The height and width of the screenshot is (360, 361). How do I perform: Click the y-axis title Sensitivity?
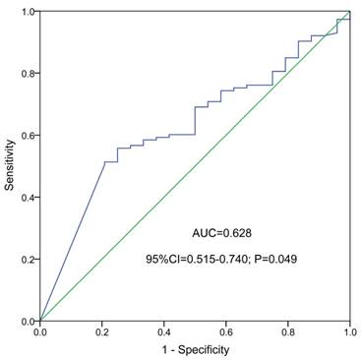pos(10,165)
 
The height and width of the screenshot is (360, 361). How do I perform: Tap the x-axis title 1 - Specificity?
pos(195,349)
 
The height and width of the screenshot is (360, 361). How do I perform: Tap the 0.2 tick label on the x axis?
pos(101,332)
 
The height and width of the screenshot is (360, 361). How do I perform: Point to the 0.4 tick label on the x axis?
pos(163,332)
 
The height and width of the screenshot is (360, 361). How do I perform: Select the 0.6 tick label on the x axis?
pos(225,332)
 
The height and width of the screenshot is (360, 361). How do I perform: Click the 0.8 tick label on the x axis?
pos(287,332)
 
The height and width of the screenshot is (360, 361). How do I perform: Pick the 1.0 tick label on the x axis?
pos(347,332)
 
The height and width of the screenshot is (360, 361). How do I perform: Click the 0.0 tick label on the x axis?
pos(39,332)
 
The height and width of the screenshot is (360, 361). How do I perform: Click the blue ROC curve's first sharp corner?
pos(104,162)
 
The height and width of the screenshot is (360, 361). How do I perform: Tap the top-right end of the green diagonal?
pos(349,11)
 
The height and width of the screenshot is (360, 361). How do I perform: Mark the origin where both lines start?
pos(39,321)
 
